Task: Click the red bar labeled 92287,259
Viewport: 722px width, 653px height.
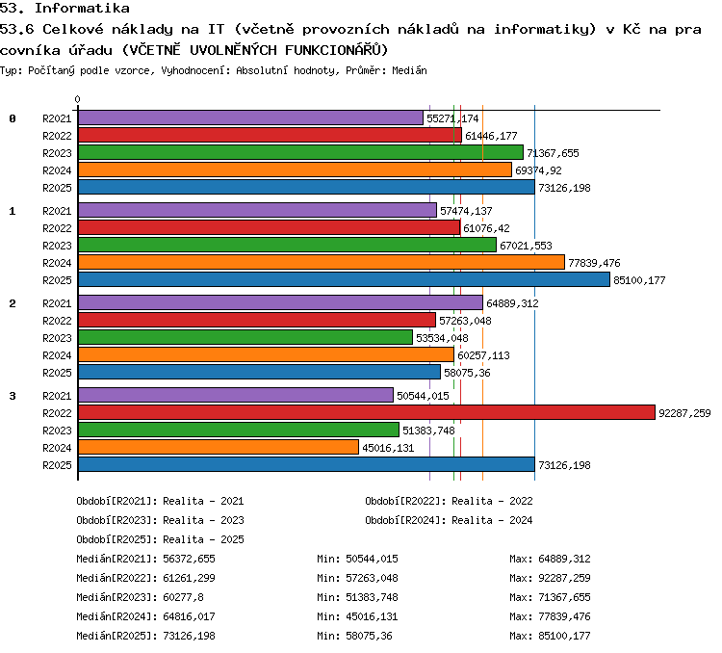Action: click(367, 412)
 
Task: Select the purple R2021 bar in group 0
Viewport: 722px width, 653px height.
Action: click(250, 118)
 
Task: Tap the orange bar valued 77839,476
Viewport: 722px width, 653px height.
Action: click(322, 262)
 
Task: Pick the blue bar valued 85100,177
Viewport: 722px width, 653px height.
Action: click(344, 279)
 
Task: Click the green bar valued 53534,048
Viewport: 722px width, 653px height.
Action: click(245, 337)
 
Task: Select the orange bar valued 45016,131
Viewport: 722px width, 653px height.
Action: click(219, 447)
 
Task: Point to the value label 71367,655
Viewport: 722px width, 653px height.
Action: click(553, 153)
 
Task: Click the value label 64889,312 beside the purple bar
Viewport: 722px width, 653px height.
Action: click(512, 303)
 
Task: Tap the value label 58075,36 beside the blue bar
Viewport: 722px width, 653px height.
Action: click(467, 373)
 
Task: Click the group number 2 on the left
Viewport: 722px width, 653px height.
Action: click(13, 303)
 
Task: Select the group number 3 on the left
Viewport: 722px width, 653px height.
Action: click(13, 396)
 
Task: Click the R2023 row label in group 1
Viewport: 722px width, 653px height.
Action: click(57, 246)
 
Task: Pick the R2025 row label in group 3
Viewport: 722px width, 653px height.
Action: click(57, 465)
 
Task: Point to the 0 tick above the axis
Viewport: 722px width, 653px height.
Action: click(77, 99)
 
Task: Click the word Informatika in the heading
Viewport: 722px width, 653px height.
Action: click(82, 8)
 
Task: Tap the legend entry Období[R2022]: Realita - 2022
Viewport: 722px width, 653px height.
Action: click(449, 501)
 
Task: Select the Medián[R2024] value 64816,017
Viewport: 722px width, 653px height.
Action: click(190, 616)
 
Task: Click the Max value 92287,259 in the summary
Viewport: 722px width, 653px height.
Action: click(564, 578)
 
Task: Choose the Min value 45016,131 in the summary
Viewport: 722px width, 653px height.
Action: click(372, 616)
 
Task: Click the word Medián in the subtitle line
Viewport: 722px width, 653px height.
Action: click(409, 70)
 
